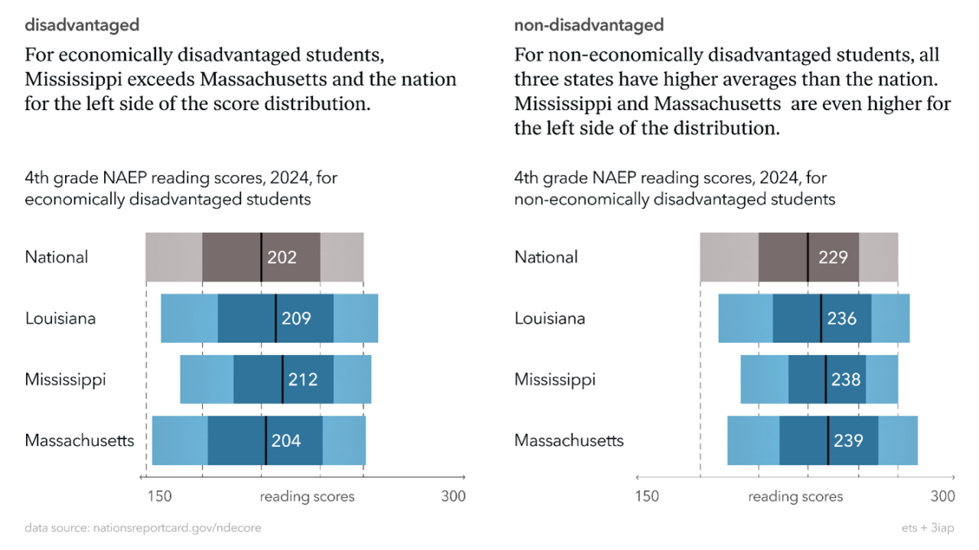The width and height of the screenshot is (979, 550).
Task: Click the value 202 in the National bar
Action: pyautogui.click(x=281, y=257)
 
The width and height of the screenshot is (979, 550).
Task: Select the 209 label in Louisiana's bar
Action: pyautogui.click(x=296, y=318)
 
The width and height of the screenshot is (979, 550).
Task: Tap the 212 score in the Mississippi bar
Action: pyautogui.click(x=303, y=379)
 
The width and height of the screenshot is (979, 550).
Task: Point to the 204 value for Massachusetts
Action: pyautogui.click(x=286, y=441)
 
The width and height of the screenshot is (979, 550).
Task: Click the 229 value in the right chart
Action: pyautogui.click(x=833, y=257)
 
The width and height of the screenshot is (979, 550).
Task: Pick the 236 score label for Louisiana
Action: pyautogui.click(x=841, y=318)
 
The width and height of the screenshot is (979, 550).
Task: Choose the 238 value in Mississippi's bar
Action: pyautogui.click(x=846, y=379)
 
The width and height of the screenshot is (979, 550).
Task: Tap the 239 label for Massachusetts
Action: pyautogui.click(x=848, y=441)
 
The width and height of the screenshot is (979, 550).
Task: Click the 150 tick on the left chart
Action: pyautogui.click(x=159, y=496)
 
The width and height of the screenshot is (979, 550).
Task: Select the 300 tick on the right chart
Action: pyautogui.click(x=942, y=496)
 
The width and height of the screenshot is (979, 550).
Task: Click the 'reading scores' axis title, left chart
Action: pyautogui.click(x=307, y=496)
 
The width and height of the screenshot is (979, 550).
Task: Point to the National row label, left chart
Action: pyautogui.click(x=57, y=257)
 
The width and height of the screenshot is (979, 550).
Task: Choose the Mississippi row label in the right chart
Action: pyautogui.click(x=555, y=379)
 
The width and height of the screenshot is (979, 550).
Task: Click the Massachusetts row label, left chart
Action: pyautogui.click(x=80, y=441)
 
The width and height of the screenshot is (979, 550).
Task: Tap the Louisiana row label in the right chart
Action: pyautogui.click(x=550, y=318)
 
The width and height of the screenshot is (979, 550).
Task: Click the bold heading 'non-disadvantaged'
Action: pyautogui.click(x=589, y=25)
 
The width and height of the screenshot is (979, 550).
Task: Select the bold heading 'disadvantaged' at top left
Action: pyautogui.click(x=82, y=25)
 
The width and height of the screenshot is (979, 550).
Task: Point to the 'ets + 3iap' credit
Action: pyautogui.click(x=928, y=528)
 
